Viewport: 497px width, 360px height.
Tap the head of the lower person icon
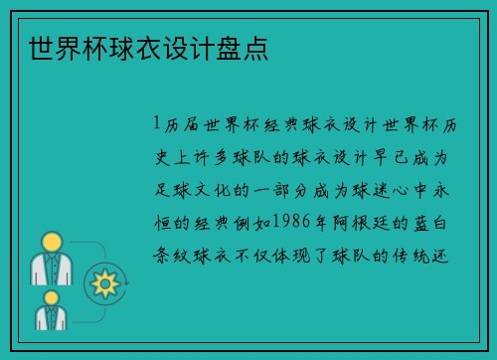[50, 299]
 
